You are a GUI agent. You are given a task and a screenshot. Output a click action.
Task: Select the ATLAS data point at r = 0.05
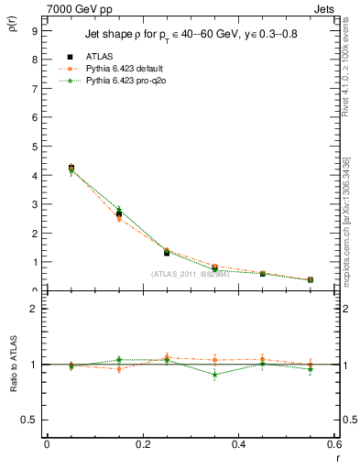[71, 168]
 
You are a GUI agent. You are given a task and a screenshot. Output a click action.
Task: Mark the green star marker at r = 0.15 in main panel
[119, 210]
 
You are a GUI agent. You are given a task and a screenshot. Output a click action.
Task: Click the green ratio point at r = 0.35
[214, 375]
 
